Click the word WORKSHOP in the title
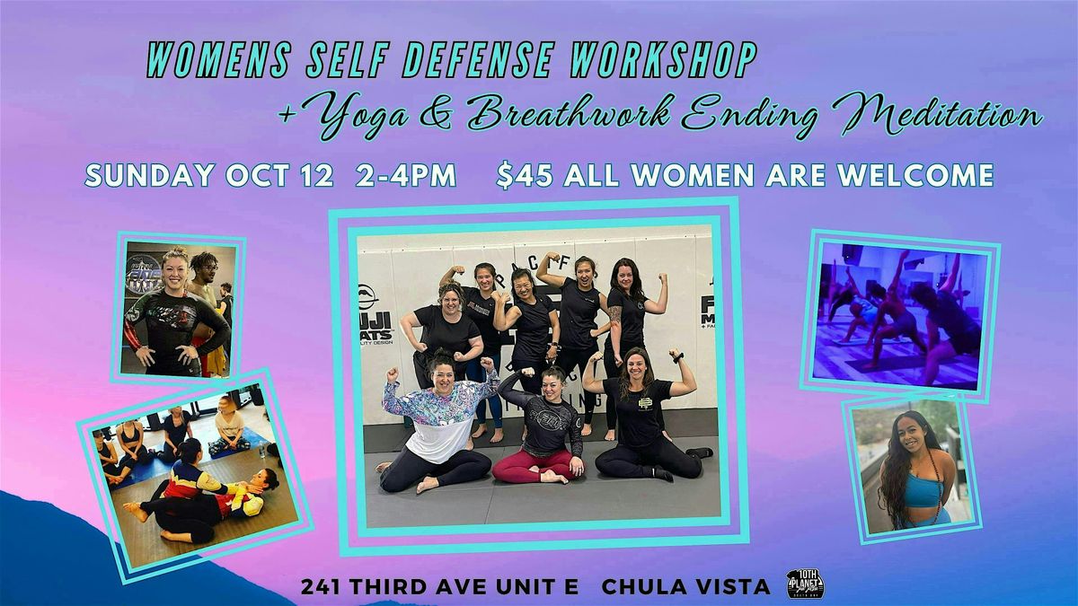663,60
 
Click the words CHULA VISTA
685,586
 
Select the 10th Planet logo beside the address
805,584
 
